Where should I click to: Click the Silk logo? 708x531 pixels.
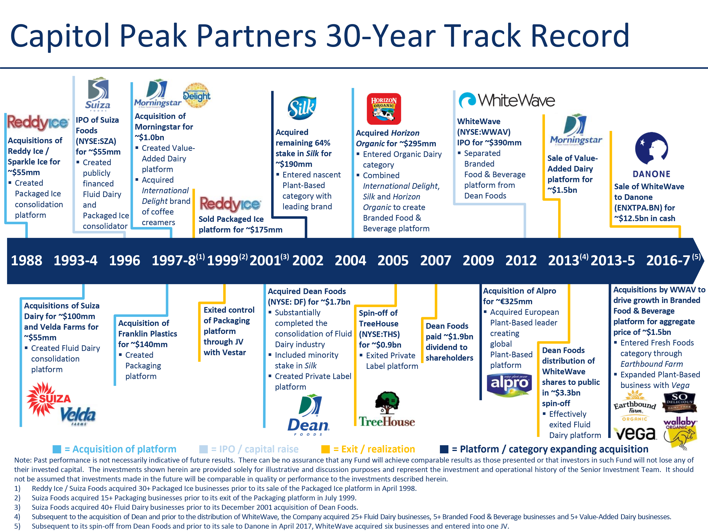302,108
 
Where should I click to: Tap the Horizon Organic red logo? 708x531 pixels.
383,109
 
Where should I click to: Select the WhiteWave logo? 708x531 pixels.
506,100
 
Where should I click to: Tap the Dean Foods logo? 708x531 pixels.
308,415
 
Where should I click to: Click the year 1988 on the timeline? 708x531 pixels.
27,261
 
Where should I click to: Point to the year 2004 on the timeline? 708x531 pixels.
350,261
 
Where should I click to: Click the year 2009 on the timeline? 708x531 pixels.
478,261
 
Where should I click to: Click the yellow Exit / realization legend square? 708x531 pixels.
325,449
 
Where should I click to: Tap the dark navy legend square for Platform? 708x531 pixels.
444,449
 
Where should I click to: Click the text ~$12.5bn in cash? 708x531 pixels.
644,218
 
